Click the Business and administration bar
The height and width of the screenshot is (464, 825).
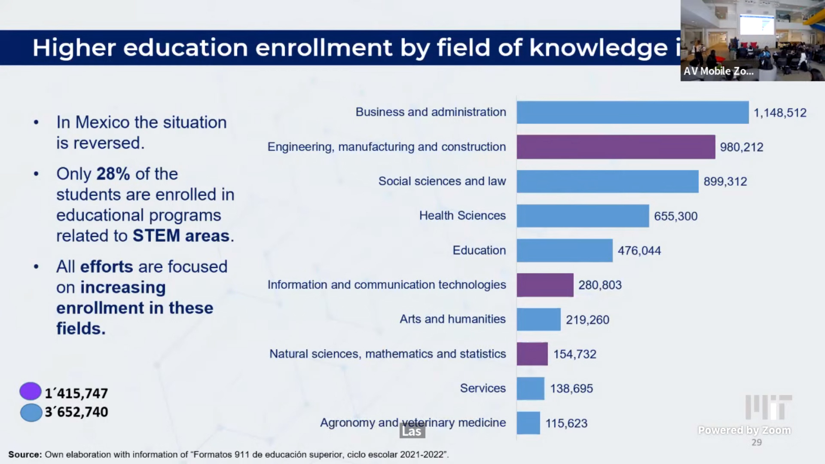632,113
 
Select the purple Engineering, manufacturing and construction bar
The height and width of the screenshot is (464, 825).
616,147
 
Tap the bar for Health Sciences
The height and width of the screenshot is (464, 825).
583,216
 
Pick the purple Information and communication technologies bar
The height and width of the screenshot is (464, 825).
545,285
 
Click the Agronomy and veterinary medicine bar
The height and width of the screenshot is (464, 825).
528,423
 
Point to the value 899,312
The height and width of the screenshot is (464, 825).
725,182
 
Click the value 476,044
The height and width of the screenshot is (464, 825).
639,251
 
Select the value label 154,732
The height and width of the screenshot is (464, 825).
574,354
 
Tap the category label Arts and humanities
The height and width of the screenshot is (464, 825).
452,319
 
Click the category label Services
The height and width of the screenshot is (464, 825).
483,388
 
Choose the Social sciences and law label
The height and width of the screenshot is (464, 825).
442,181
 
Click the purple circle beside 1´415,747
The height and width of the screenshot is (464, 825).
31,391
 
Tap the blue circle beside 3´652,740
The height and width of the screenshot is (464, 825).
31,412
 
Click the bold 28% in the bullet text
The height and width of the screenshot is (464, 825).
113,174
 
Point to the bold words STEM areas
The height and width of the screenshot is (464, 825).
181,236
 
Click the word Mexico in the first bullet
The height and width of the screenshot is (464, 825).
102,122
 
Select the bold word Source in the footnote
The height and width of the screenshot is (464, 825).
24,455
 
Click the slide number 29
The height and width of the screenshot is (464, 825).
756,443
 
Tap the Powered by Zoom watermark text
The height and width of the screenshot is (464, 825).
744,430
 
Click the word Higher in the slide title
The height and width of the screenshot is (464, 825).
74,47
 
